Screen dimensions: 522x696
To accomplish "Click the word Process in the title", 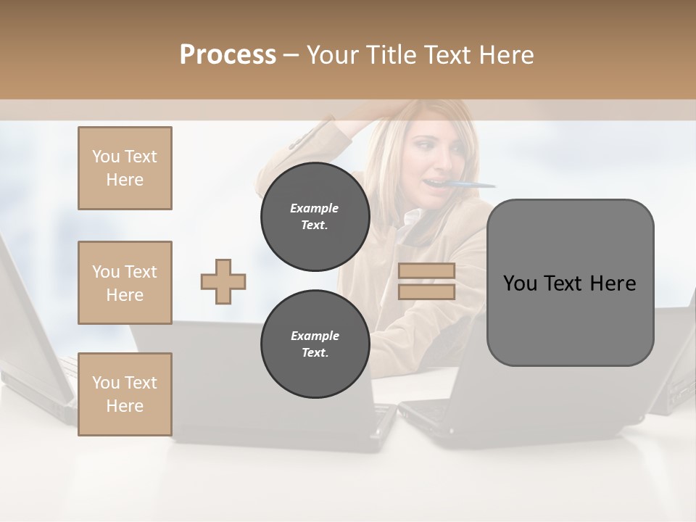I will coord(228,54).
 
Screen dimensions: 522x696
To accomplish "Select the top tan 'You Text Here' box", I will coord(125,168).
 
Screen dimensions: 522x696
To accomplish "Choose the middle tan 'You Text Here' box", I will coord(125,283).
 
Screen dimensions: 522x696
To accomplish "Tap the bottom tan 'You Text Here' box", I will coord(125,394).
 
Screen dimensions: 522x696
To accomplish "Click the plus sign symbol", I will coord(223,281).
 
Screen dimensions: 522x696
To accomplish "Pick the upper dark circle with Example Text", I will coord(315,216).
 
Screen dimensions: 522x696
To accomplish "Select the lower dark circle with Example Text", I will coord(315,344).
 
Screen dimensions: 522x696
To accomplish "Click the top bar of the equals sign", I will coord(426,270).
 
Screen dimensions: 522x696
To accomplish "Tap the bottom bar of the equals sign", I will coord(426,291).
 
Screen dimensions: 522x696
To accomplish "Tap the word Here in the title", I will coord(507,54).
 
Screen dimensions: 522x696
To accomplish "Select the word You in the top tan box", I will coord(105,157).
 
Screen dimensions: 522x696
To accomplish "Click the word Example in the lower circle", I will coord(315,336).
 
